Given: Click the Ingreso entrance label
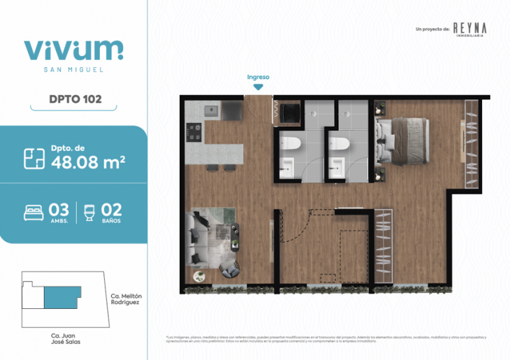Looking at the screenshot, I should click(x=258, y=77).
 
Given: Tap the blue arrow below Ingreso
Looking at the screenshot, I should click(x=258, y=87).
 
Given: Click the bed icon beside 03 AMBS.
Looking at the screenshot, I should click(x=34, y=212).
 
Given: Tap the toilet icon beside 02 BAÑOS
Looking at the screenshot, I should click(x=89, y=212).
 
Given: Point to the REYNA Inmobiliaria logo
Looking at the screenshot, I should click(x=470, y=29).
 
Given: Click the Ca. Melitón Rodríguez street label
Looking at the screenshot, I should click(x=126, y=300).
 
